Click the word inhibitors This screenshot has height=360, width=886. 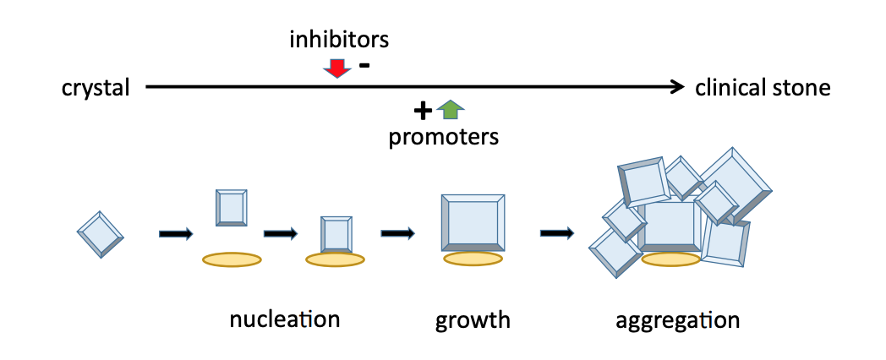pyautogui.click(x=338, y=40)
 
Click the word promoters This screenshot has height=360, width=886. pyautogui.click(x=443, y=137)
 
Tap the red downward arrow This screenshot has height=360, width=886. pyautogui.click(x=337, y=68)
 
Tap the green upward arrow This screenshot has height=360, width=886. pyautogui.click(x=452, y=108)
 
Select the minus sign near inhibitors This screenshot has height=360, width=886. pyautogui.click(x=364, y=65)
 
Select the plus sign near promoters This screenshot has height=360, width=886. pyautogui.click(x=423, y=110)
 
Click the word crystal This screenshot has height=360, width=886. pyautogui.click(x=96, y=87)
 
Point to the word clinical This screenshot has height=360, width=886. pyautogui.click(x=731, y=87)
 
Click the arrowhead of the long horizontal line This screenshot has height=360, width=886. pyautogui.click(x=677, y=86)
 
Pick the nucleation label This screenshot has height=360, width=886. pyautogui.click(x=284, y=319)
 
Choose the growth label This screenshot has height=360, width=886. pyautogui.click(x=473, y=320)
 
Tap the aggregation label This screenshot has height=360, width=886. pyautogui.click(x=677, y=320)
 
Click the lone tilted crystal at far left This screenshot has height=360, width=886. pyautogui.click(x=101, y=233)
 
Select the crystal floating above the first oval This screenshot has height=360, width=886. pyautogui.click(x=232, y=208)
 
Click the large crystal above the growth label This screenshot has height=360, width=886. pyautogui.click(x=473, y=223)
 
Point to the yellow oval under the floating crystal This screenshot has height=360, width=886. pyautogui.click(x=232, y=259)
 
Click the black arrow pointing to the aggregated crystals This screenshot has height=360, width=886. pyautogui.click(x=557, y=232)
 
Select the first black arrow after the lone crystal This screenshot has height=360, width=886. pyautogui.click(x=176, y=233)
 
